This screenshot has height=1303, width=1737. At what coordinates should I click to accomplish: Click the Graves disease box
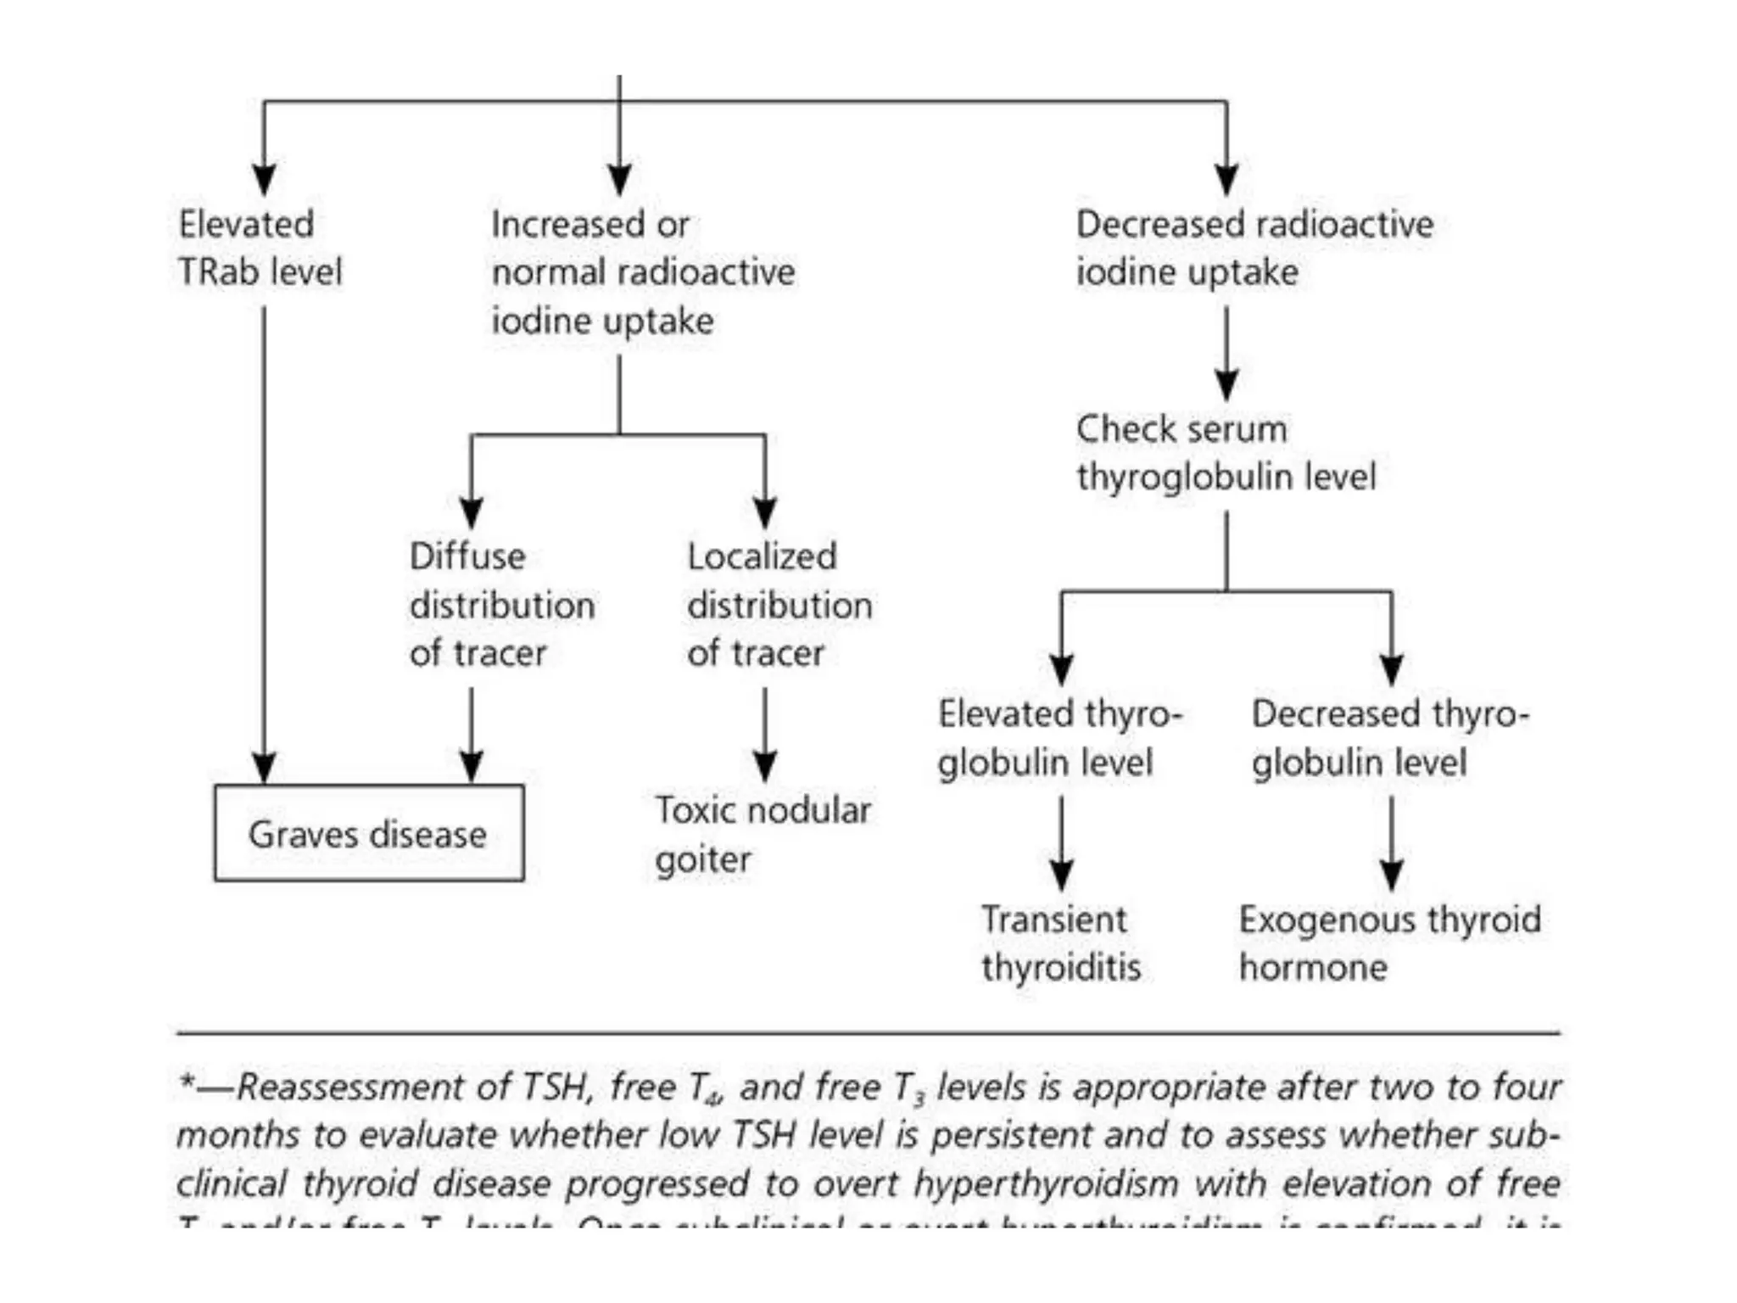[369, 834]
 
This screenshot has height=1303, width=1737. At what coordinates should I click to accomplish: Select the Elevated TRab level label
[260, 248]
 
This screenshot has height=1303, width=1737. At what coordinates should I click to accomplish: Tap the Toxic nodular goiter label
[762, 835]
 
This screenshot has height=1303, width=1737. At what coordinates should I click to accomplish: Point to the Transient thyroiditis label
[1060, 943]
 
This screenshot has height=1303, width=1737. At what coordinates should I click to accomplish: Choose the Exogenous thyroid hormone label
[1389, 943]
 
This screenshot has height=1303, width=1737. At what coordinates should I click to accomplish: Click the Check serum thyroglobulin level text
[1226, 453]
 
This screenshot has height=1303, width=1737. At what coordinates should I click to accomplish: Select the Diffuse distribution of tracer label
[502, 605]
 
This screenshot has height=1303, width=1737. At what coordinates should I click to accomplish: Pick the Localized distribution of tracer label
[779, 605]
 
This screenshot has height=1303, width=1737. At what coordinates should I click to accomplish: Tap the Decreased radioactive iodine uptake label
[1254, 248]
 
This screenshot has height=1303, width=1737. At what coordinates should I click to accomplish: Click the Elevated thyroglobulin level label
[1059, 738]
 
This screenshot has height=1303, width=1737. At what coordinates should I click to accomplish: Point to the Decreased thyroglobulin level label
[1389, 738]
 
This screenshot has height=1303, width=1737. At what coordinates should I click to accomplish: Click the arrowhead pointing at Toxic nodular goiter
[765, 767]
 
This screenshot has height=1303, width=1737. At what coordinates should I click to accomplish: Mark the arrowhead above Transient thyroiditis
[1061, 875]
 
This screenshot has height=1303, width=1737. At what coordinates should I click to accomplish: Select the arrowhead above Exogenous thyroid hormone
[1391, 875]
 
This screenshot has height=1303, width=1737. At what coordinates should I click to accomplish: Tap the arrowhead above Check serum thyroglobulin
[1226, 385]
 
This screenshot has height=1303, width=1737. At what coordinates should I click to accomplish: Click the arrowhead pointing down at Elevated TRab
[264, 180]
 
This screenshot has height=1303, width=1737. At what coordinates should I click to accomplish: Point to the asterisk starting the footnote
[187, 1083]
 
